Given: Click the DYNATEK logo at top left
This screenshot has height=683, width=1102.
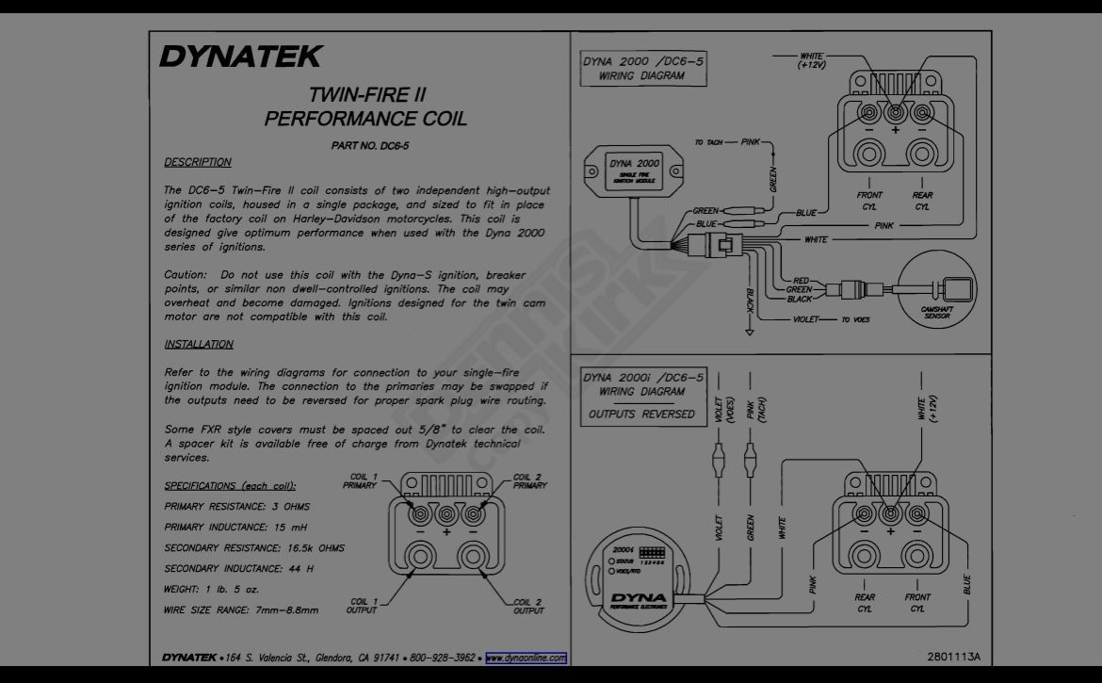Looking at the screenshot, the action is click(240, 57).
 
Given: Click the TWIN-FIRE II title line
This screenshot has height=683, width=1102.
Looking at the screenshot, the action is click(367, 95).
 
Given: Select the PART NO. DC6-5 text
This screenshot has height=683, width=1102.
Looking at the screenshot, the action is click(369, 146).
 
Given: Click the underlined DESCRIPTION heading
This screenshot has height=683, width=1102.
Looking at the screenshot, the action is click(198, 162).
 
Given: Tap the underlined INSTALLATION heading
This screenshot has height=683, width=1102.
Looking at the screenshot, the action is click(199, 344).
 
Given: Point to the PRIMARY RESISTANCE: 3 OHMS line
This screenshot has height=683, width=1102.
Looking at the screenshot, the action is click(236, 507).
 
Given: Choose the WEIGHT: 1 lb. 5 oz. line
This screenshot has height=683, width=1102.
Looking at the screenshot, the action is click(212, 590).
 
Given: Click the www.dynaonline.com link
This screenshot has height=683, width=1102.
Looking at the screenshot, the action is click(526, 659).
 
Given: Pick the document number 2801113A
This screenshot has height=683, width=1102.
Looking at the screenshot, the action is click(954, 657).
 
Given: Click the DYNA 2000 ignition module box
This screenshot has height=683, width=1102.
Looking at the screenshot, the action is click(634, 171).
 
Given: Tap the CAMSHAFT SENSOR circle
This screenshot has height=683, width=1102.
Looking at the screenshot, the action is click(937, 289).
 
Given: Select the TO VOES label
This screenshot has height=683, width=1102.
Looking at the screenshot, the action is click(855, 319).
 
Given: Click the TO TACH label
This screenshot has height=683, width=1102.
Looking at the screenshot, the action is click(708, 142).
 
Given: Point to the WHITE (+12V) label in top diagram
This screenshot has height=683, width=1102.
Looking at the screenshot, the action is click(811, 60).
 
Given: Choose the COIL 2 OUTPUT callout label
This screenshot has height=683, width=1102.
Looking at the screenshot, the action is click(527, 607).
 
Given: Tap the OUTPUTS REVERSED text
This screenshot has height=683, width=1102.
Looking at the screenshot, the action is click(641, 414).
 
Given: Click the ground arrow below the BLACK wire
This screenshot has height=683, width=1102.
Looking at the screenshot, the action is click(749, 332).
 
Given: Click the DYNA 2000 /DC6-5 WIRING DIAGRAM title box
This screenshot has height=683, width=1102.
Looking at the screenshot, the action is click(643, 68).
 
